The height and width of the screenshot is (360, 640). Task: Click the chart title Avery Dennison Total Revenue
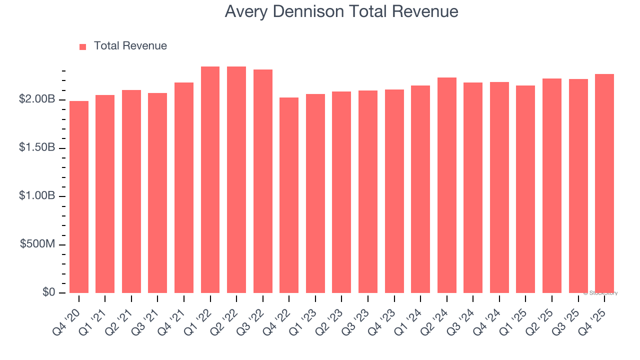(x=341, y=11)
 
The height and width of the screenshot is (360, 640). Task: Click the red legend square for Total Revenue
(x=83, y=46)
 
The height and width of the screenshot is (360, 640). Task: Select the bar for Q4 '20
(x=79, y=197)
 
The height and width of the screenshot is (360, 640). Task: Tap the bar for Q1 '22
(x=210, y=179)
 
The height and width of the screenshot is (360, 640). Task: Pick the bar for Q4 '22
(x=289, y=195)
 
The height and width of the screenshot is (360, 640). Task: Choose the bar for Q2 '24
(x=446, y=185)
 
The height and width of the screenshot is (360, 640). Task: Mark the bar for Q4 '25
(x=604, y=183)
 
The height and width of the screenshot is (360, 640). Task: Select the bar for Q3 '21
(x=157, y=193)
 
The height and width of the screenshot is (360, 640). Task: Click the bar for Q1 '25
(x=525, y=189)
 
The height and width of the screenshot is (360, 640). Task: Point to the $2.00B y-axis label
(x=37, y=99)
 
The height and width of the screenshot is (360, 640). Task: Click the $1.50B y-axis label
(x=37, y=148)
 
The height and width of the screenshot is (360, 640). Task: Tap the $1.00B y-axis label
(x=37, y=196)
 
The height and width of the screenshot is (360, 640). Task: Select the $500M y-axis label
(x=38, y=244)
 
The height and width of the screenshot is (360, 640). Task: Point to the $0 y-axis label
(x=48, y=292)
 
